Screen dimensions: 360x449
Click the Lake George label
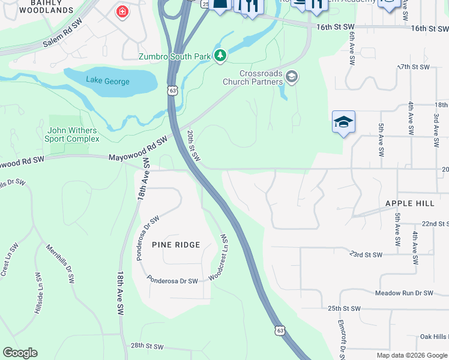[107, 80]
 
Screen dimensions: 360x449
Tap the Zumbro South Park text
[175, 57]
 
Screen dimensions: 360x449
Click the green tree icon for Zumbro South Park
[221, 56]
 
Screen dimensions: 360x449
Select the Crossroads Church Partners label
[253, 77]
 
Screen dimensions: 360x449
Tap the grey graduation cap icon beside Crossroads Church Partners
[292, 76]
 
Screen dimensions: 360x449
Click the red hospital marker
[122, 12]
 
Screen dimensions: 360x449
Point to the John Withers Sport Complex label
[73, 134]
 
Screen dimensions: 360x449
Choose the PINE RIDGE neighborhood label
[175, 245]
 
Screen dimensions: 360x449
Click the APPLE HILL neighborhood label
[410, 203]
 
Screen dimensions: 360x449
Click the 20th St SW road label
[193, 145]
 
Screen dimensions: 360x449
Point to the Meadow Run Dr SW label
[403, 293]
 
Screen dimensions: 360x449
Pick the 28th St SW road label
[147, 346]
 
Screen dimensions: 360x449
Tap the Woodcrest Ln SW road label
[220, 257]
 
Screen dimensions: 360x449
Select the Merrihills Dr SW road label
[61, 263]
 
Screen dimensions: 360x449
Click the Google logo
[20, 353]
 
